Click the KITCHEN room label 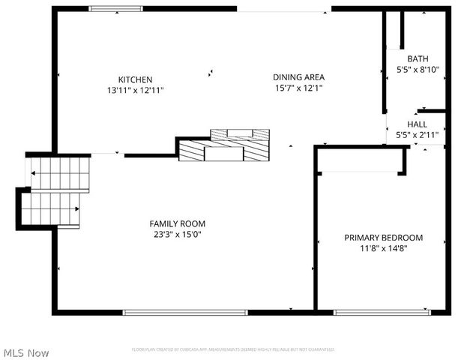(x=135, y=79)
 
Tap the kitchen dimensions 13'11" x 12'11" (x=135, y=90)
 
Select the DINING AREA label (x=298, y=76)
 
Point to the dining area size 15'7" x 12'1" (x=298, y=88)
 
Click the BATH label (x=418, y=59)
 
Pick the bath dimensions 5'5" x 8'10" (x=418, y=70)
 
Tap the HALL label (x=417, y=124)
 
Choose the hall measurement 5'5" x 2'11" (x=417, y=136)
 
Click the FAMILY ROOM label (x=177, y=223)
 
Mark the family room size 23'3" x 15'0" (x=177, y=234)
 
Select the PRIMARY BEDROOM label (x=383, y=238)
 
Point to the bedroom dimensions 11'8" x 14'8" (x=383, y=248)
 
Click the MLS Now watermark (x=26, y=352)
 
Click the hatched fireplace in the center (x=225, y=146)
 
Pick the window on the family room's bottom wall (x=185, y=312)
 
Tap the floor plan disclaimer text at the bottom (x=232, y=349)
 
